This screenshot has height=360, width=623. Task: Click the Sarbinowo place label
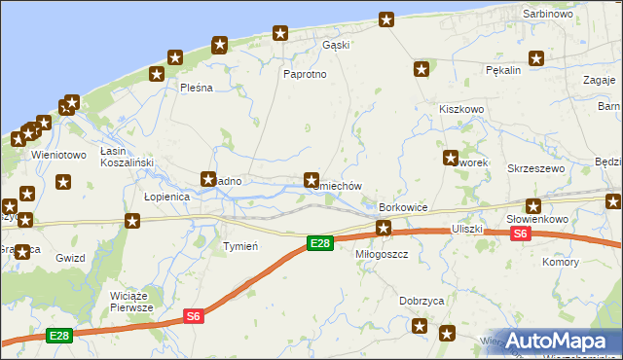[548, 15]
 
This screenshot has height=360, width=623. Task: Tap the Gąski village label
[336, 45]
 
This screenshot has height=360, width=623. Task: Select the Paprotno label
[304, 75]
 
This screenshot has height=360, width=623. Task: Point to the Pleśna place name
[196, 88]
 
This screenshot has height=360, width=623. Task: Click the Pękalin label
[503, 70]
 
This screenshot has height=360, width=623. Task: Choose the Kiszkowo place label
[461, 110]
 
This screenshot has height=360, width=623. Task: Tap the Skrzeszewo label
[536, 168]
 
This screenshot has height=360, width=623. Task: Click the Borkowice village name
[404, 208]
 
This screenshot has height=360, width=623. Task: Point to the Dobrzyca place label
[422, 302]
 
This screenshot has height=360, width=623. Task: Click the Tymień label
[240, 246]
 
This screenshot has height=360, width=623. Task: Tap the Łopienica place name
[166, 196]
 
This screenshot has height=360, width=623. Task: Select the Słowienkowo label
[536, 220]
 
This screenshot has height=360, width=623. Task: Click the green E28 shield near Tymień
[319, 243]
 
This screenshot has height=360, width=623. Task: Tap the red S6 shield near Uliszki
[520, 234]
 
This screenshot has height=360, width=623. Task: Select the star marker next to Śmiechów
[311, 180]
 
